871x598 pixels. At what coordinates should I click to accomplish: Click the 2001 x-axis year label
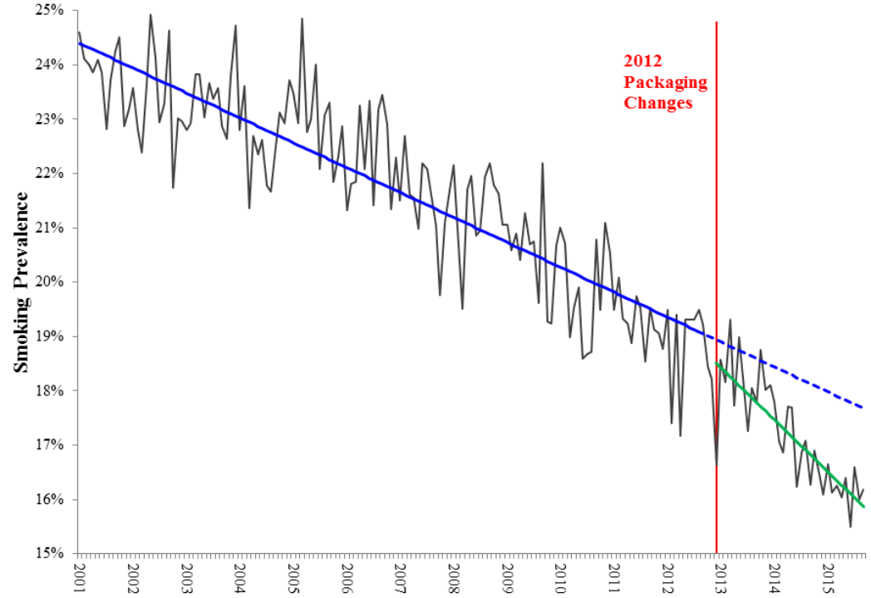pyautogui.click(x=80, y=578)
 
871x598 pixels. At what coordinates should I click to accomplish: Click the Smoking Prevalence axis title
pyautogui.click(x=22, y=282)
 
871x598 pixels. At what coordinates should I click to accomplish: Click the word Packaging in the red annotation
pyautogui.click(x=666, y=83)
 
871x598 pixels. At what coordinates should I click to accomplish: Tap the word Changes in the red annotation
pyautogui.click(x=658, y=104)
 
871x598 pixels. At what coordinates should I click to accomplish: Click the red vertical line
pyautogui.click(x=716, y=249)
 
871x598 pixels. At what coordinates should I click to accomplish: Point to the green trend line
pyautogui.click(x=790, y=433)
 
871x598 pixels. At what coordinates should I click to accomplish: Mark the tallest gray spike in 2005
pyautogui.click(x=302, y=18)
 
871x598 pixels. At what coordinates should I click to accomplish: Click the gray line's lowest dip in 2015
pyautogui.click(x=850, y=526)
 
